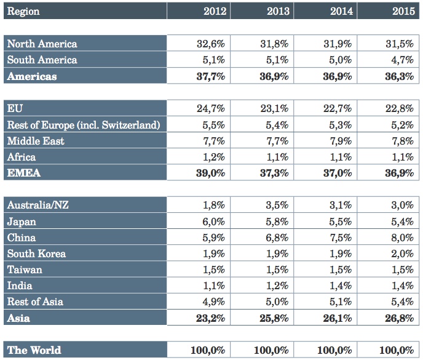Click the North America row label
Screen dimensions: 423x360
(42, 44)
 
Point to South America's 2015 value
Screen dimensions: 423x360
(402, 60)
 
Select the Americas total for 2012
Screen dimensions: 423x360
(211, 76)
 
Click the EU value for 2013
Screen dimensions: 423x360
(274, 108)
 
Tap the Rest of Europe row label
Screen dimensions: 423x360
(84, 125)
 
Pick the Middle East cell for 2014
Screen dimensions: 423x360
(341, 141)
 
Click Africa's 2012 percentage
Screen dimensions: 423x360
(214, 157)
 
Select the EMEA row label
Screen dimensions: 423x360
(24, 173)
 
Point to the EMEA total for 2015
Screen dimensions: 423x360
(399, 173)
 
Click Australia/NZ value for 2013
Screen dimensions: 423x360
(277, 205)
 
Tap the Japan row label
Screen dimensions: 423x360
(22, 222)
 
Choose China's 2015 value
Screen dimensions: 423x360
(402, 238)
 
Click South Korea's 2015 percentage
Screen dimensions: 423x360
(402, 254)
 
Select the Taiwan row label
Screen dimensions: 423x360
(25, 270)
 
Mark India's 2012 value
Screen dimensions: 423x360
(214, 286)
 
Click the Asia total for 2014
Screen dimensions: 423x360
(338, 318)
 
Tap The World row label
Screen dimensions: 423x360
(34, 350)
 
